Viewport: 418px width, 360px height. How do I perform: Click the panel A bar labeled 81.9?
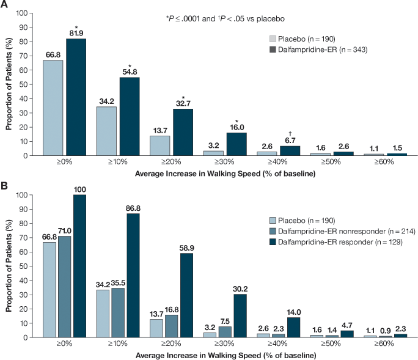click(76, 97)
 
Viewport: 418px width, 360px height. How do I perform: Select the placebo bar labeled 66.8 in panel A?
click(53, 108)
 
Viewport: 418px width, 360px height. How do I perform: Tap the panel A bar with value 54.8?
click(130, 116)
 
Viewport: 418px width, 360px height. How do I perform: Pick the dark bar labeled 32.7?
click(183, 132)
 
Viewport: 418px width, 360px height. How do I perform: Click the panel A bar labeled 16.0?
click(237, 144)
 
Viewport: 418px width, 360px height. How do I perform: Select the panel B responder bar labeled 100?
click(79, 266)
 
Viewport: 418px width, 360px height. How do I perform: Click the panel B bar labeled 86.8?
click(133, 275)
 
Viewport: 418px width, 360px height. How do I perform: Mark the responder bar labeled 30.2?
click(240, 315)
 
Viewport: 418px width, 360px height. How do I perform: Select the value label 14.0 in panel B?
click(293, 311)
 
